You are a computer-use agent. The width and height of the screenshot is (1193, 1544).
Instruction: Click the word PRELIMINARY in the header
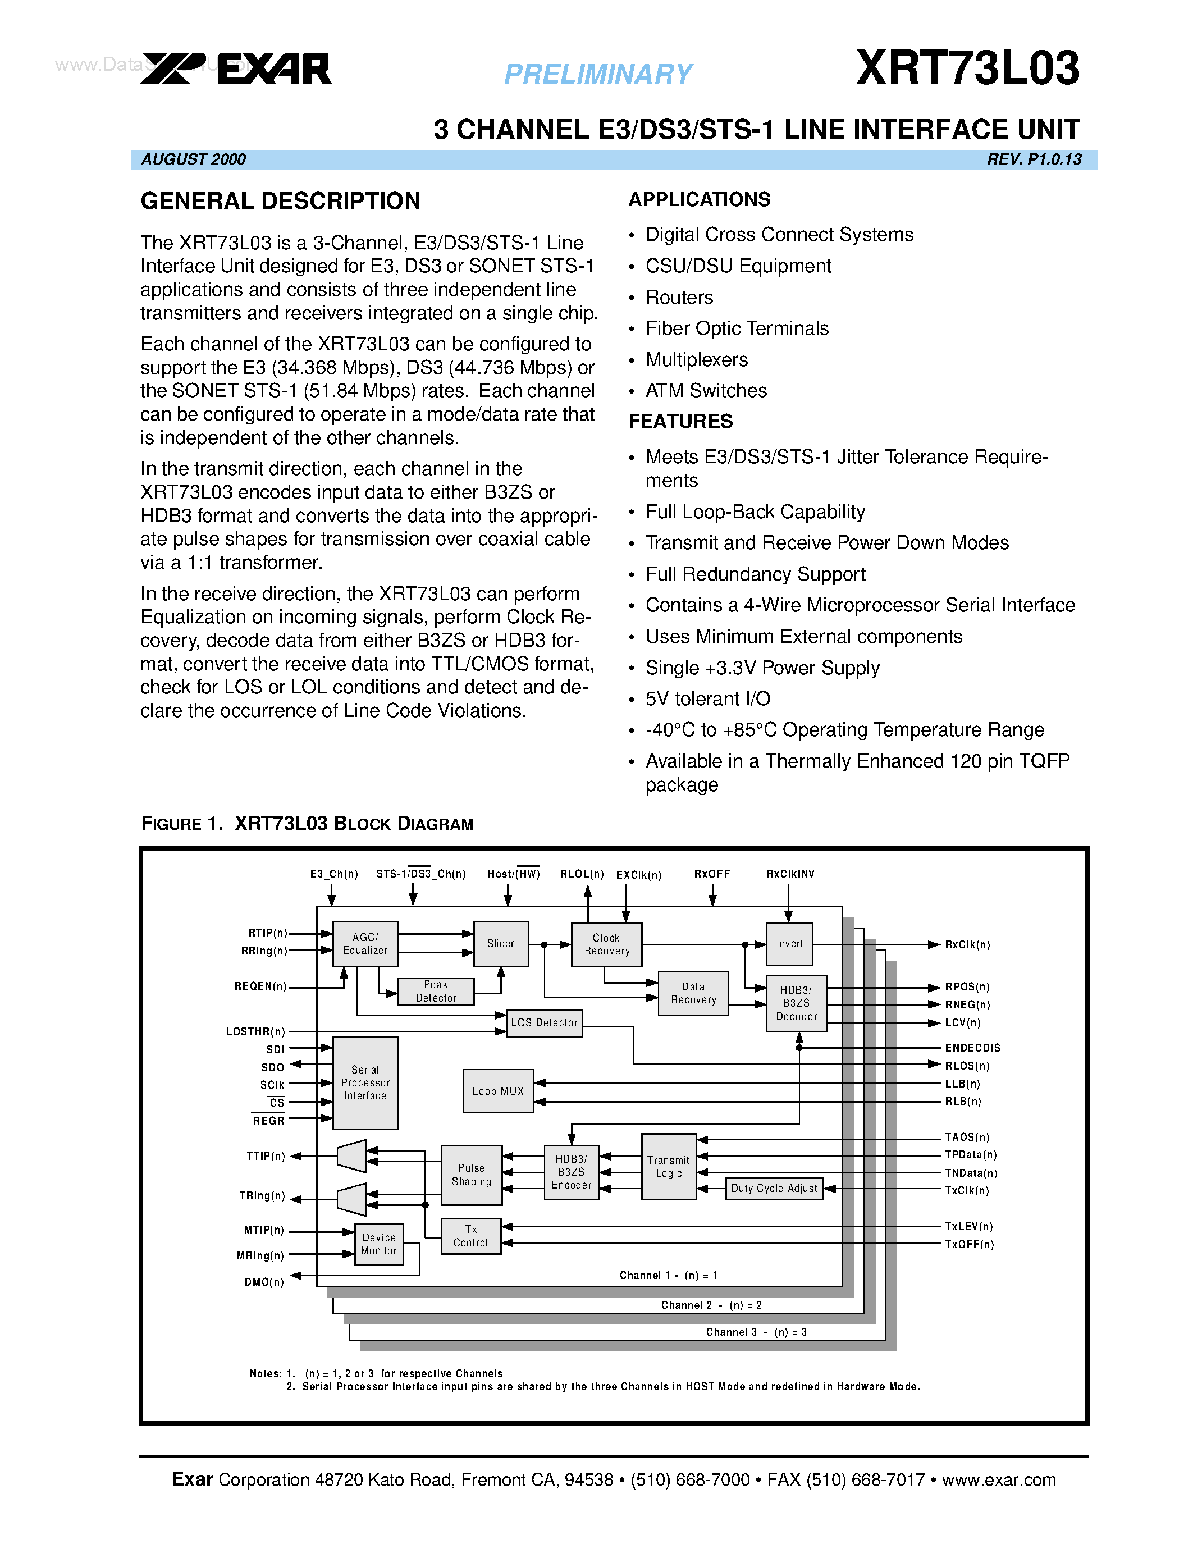coord(598,74)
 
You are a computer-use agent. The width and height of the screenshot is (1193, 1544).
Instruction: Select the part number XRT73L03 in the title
coord(967,68)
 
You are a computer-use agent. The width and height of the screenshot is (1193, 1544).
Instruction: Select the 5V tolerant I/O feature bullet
coord(707,699)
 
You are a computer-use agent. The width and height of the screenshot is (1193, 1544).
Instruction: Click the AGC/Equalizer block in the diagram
coord(365,944)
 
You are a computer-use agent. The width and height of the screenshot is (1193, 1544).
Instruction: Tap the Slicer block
coord(500,944)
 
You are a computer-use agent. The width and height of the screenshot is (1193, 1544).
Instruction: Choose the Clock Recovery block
coord(606,944)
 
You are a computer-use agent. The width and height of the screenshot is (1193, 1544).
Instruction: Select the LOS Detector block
coord(544,1023)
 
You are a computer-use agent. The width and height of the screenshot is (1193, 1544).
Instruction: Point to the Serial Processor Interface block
coord(365,1083)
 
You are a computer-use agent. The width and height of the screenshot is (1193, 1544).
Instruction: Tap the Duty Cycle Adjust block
coord(774,1189)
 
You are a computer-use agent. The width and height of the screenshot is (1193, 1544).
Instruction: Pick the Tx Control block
coord(470,1236)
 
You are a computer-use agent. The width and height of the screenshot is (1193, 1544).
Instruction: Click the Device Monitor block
coord(379,1244)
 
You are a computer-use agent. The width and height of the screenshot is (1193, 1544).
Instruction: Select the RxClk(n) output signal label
coord(967,945)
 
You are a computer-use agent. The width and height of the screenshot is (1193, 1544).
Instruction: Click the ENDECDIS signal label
coord(972,1048)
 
